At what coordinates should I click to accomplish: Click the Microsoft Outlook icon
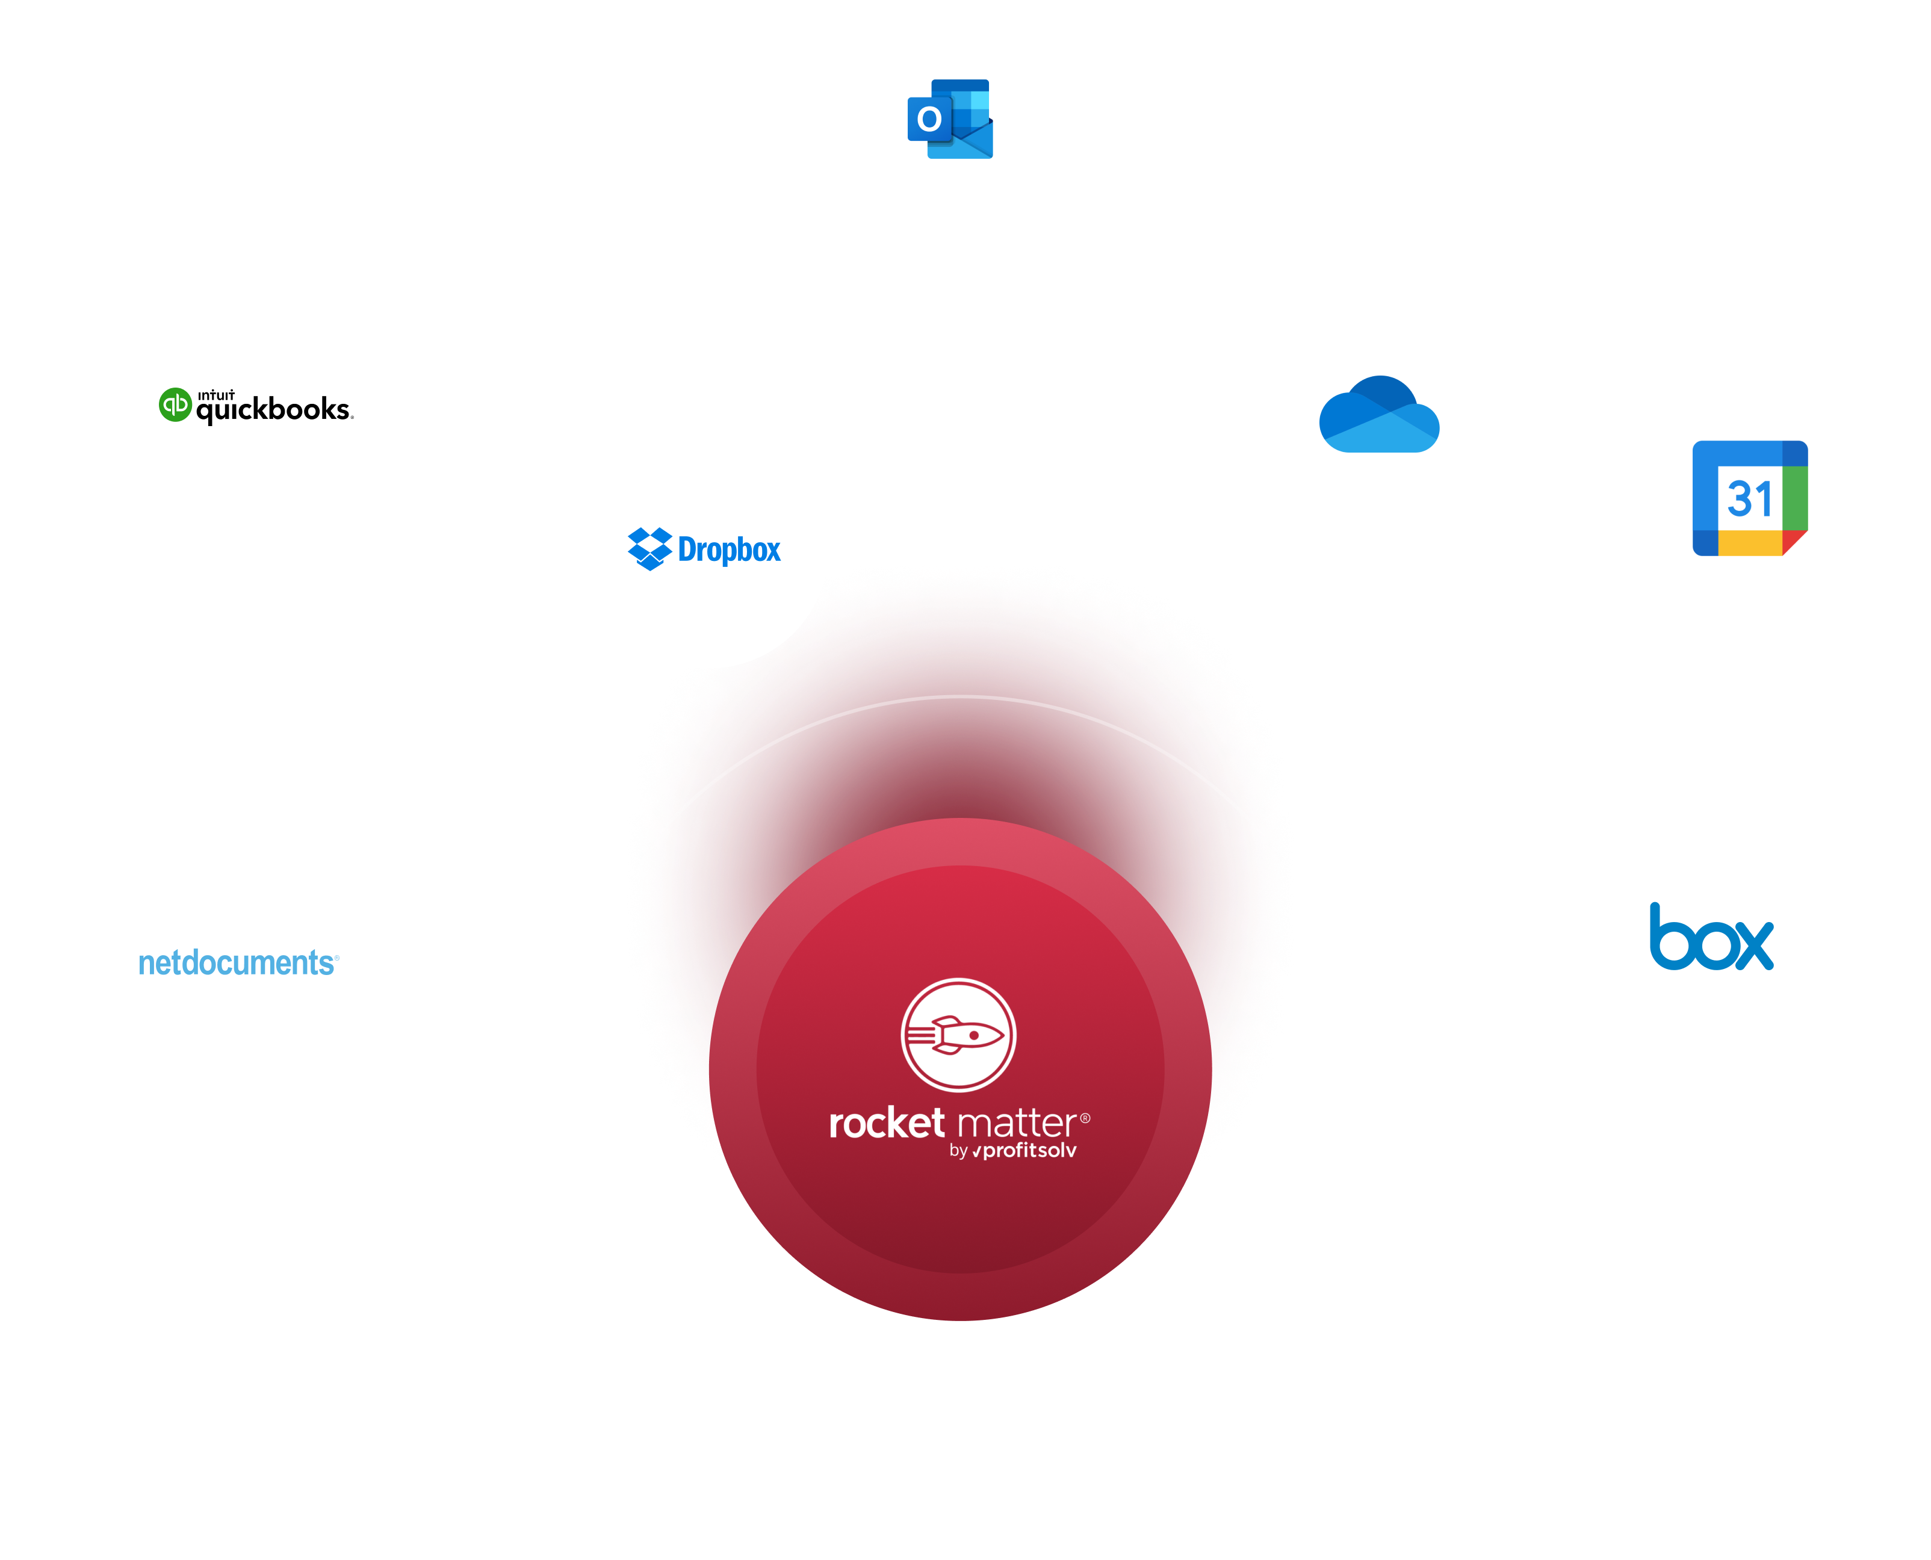click(x=950, y=120)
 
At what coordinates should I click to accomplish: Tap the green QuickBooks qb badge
click(x=175, y=404)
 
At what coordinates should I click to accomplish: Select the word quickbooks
click(x=273, y=410)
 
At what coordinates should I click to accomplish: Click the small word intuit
click(x=215, y=394)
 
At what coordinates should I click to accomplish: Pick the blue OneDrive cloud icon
click(x=1378, y=415)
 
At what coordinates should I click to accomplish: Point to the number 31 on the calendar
click(x=1749, y=500)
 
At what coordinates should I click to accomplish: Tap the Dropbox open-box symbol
click(x=649, y=549)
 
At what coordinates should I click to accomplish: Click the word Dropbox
click(x=729, y=550)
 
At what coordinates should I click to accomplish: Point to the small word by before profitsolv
click(x=958, y=1152)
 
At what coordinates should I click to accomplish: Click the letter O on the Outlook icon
click(x=929, y=119)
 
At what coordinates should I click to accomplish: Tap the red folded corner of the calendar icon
click(x=1794, y=542)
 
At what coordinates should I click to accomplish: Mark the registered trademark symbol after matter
click(x=1085, y=1118)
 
